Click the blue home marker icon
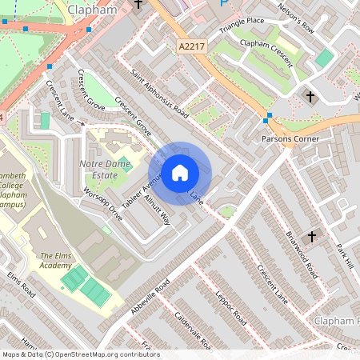180,172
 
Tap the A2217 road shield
192,48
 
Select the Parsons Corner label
290,138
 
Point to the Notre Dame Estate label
104,169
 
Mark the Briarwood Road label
301,253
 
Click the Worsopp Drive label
103,204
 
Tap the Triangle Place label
243,21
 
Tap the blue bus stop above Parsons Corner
267,118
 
